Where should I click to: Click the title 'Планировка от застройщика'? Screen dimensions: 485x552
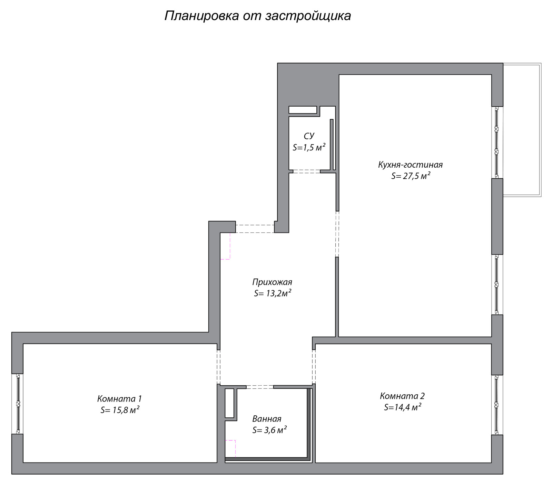pyautogui.click(x=257, y=16)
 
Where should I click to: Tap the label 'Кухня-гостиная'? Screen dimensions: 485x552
pyautogui.click(x=410, y=165)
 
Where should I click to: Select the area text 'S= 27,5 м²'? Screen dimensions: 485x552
pyautogui.click(x=411, y=176)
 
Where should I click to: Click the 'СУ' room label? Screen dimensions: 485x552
pyautogui.click(x=309, y=136)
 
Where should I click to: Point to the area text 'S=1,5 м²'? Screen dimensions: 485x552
pyautogui.click(x=309, y=148)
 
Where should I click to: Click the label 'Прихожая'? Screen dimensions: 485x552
pyautogui.click(x=272, y=282)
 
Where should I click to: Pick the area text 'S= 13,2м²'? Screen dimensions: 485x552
pyautogui.click(x=273, y=294)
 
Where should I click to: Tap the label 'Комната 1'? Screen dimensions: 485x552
pyautogui.click(x=119, y=399)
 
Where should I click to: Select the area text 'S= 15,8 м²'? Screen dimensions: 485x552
pyautogui.click(x=120, y=410)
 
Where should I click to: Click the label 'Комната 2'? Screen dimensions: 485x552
pyautogui.click(x=402, y=396)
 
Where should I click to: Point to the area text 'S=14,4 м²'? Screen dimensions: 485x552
pyautogui.click(x=403, y=407)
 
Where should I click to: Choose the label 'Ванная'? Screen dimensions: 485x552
pyautogui.click(x=267, y=419)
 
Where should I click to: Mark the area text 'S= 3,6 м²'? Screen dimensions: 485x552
pyautogui.click(x=269, y=430)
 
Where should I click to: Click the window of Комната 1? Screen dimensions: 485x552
pyautogui.click(x=18, y=404)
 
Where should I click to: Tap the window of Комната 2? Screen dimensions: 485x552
pyautogui.click(x=497, y=405)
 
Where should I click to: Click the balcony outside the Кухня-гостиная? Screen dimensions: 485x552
pyautogui.click(x=522, y=129)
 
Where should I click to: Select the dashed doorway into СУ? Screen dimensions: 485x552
pyautogui.click(x=306, y=171)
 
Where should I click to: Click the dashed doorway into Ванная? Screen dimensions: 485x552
pyautogui.click(x=260, y=387)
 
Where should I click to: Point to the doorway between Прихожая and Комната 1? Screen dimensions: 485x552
pyautogui.click(x=218, y=367)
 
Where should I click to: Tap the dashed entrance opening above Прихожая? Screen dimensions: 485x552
pyautogui.click(x=255, y=229)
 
